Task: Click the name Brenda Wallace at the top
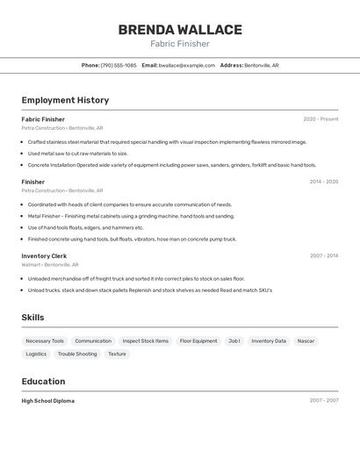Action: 179,29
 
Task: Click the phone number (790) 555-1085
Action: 119,65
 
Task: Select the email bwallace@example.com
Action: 187,65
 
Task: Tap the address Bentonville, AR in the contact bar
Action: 262,65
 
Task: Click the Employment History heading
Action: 65,100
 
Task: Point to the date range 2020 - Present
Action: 320,119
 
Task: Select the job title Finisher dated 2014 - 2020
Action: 32,182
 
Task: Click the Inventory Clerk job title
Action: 44,256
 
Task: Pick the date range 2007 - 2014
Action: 324,256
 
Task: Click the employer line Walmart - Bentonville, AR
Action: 50,264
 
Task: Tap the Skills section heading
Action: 32,318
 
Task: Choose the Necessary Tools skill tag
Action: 45,340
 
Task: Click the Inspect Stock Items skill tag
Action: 146,340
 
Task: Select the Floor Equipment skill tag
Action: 198,340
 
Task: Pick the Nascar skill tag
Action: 306,340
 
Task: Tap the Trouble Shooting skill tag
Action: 77,354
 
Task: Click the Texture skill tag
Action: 117,354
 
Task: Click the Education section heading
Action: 43,382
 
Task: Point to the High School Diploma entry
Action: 48,401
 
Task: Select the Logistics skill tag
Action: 36,354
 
